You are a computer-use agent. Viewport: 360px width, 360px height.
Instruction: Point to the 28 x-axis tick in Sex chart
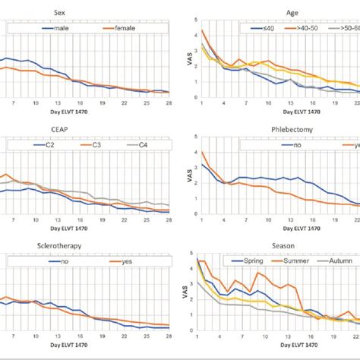168,103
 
